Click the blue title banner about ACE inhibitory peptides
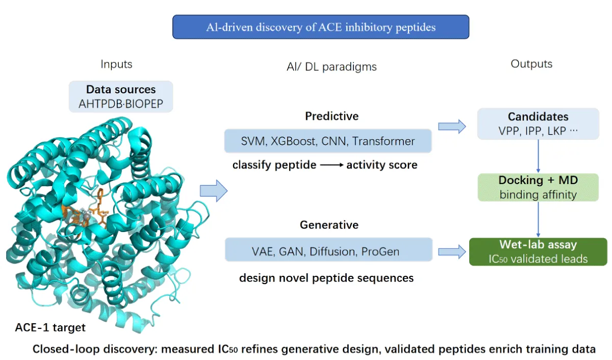[321, 27]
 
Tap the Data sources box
[121, 96]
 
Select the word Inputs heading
[116, 64]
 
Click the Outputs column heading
[531, 64]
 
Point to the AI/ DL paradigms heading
[331, 67]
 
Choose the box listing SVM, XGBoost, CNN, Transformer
[328, 141]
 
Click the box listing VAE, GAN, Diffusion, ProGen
[328, 250]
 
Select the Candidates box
[538, 124]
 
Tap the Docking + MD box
[538, 187]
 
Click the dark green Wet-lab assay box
[538, 251]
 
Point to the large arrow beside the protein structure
[214, 191]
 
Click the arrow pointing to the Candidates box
[452, 126]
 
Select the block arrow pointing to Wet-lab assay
[452, 252]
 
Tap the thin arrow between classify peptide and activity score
[331, 165]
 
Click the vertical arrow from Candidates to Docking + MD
[538, 156]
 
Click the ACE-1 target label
[50, 327]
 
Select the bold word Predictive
[331, 116]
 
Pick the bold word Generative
[329, 225]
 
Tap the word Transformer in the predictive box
[384, 141]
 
